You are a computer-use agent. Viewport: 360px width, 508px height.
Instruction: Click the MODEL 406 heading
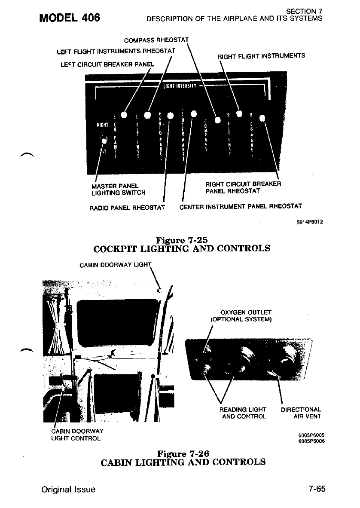click(70, 18)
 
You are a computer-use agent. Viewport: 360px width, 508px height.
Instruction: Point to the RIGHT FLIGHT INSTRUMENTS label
click(261, 55)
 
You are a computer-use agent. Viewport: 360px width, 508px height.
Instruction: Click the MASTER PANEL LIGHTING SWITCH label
click(119, 189)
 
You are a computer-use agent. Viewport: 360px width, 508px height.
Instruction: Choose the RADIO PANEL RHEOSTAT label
click(127, 208)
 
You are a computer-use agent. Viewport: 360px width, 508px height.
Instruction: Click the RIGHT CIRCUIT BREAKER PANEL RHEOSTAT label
click(243, 188)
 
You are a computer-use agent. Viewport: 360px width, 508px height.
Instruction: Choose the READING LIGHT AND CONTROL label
click(243, 413)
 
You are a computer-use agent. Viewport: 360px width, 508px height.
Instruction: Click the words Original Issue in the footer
click(68, 490)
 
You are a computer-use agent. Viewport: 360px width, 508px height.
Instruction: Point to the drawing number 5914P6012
click(309, 222)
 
